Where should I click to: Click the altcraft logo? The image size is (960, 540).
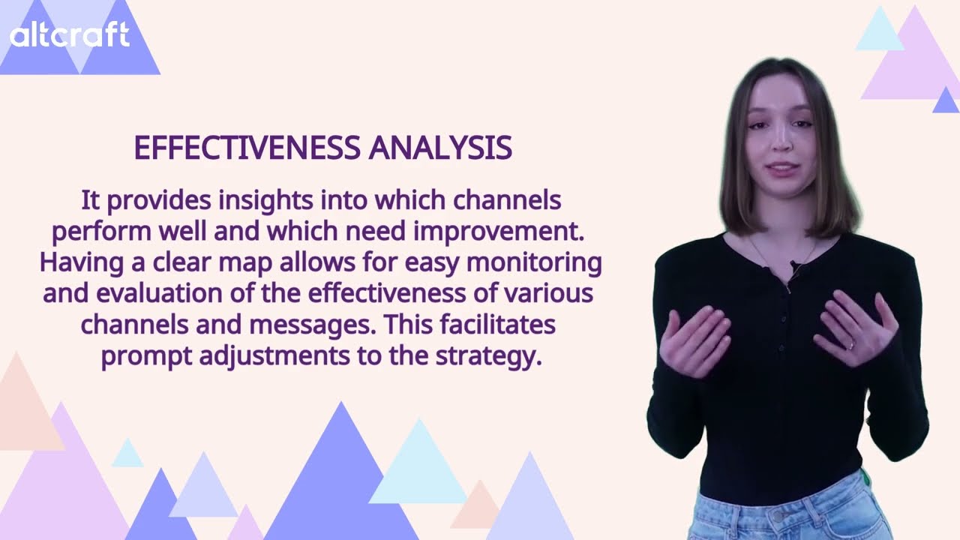69,35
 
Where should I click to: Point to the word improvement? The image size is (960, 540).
499,232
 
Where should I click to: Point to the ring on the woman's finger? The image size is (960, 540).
850,346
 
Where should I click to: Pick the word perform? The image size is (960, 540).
103,232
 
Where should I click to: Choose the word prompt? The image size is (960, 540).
147,355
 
